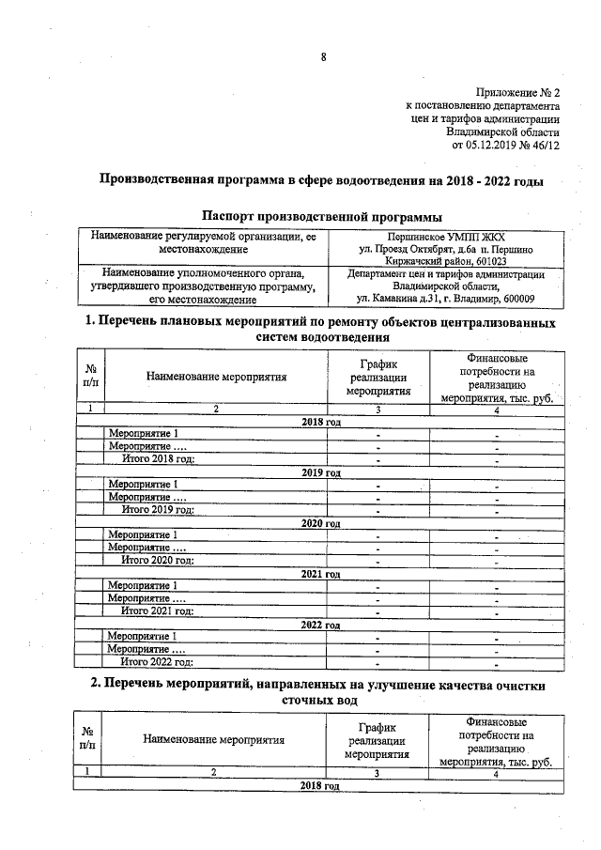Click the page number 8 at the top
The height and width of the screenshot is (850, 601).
(323, 57)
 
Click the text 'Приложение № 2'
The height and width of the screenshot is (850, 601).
(517, 93)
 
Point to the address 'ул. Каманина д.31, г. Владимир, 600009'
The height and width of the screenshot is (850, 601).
(446, 299)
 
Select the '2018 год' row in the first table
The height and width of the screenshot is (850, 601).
(320, 422)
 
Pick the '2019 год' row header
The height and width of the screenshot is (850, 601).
(320, 471)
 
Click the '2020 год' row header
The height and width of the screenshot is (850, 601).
(320, 522)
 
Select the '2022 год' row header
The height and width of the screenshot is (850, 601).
(320, 624)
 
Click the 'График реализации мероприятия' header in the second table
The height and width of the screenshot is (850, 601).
(377, 740)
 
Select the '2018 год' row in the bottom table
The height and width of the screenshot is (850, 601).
(319, 784)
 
